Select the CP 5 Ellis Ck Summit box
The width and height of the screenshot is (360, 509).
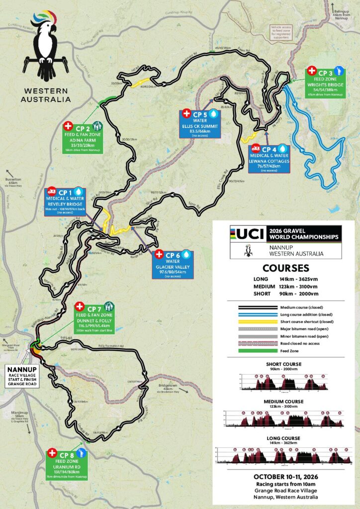coord(199,123)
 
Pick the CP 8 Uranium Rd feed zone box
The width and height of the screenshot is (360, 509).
coord(67,462)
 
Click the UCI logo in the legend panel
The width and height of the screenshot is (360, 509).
coord(248,233)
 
